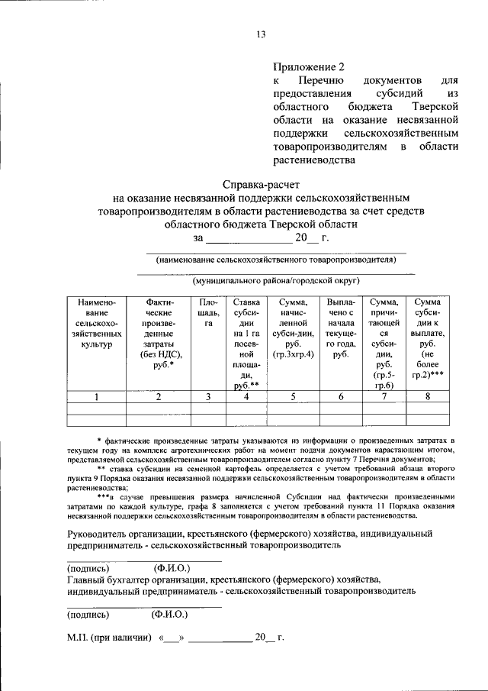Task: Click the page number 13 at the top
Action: coord(261,34)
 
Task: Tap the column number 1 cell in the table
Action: coord(96,396)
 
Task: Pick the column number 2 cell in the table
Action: coord(159,396)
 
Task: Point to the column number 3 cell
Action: coord(207,396)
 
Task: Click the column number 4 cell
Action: coord(246,396)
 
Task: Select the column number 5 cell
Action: coord(293,396)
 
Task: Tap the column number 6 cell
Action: coord(340,396)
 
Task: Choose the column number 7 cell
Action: coord(384,396)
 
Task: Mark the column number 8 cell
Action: coord(428,396)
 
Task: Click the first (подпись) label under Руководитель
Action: coord(88,568)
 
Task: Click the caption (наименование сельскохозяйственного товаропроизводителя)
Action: coord(275,260)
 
